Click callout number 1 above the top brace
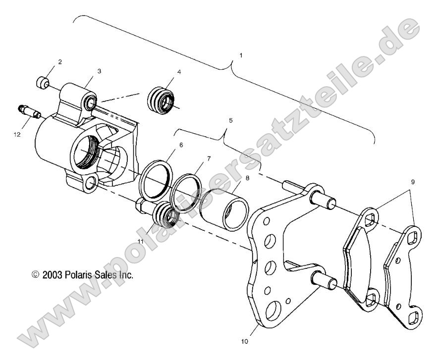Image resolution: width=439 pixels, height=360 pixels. coord(241,55)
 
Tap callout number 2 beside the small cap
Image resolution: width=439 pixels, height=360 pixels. coord(60,62)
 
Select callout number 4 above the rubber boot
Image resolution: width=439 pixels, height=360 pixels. coord(179,72)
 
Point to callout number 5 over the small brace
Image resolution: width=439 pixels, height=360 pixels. coord(230,120)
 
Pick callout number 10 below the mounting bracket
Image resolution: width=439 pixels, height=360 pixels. coord(244,341)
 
